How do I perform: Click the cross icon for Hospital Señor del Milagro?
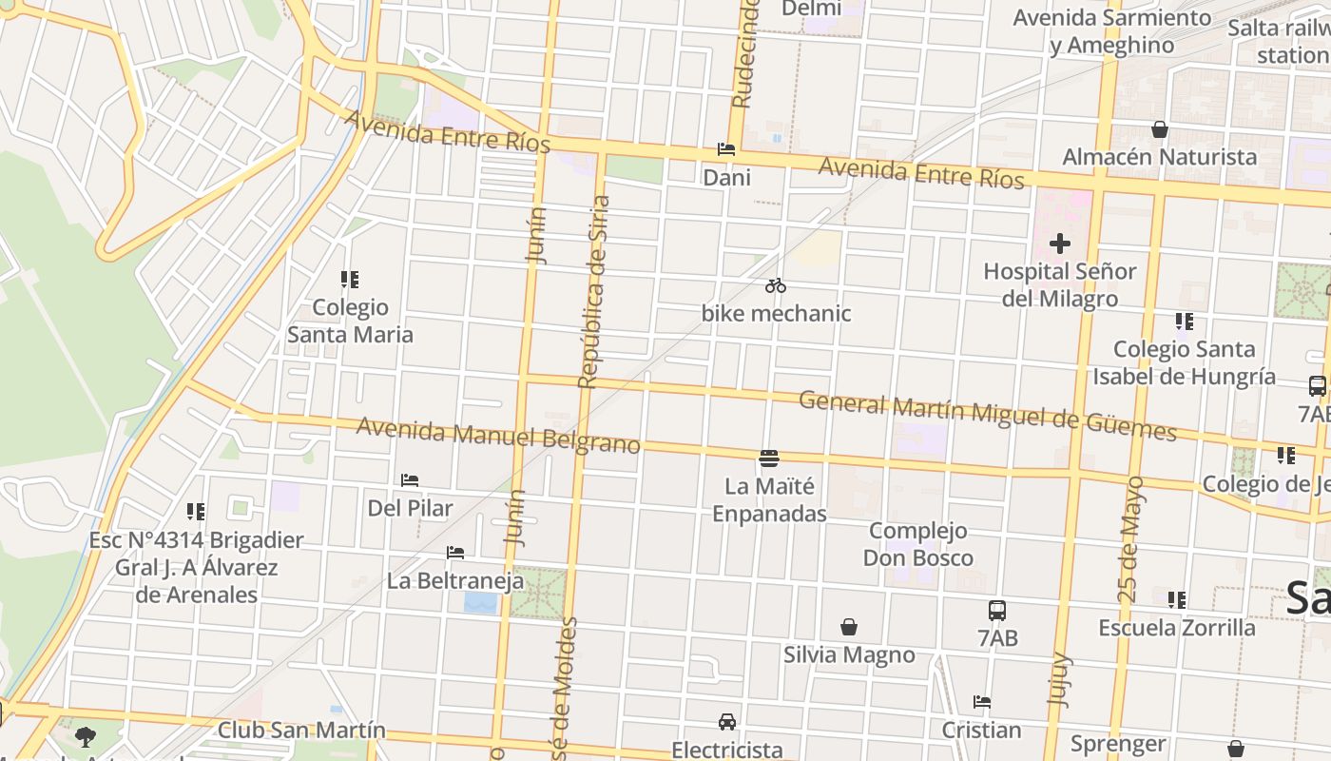1060,244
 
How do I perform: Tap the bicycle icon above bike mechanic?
775,285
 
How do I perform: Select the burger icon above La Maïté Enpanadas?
769,459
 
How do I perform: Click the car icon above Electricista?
727,721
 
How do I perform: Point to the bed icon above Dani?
726,149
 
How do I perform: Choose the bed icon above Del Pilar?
410,480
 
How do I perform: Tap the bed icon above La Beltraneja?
455,553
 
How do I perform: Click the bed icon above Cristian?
982,702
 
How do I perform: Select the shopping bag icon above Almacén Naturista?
1160,129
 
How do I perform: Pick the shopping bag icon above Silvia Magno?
849,627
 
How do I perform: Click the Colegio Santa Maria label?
351,321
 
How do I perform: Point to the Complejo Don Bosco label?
918,544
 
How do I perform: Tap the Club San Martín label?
301,731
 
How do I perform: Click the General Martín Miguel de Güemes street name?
987,416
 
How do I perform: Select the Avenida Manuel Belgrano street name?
498,437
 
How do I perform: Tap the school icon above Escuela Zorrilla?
1177,600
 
